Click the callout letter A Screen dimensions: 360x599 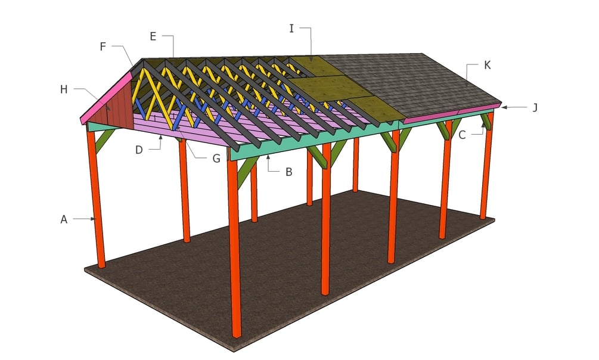[64, 219]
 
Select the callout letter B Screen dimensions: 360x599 [288, 172]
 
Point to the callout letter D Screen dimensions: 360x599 [139, 150]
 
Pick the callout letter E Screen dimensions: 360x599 [153, 36]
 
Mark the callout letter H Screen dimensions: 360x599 [64, 89]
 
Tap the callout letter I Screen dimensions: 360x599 [291, 28]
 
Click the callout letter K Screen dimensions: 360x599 [487, 65]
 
